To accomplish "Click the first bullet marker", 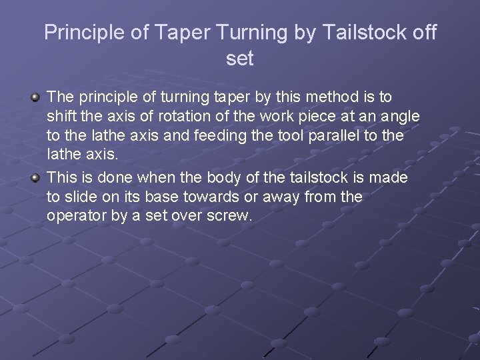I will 35,98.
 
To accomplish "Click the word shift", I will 61,117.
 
